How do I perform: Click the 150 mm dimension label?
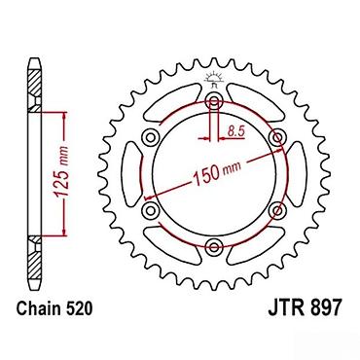tap(217, 173)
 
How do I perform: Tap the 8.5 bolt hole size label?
tap(235, 131)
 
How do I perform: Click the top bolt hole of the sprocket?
tap(214, 100)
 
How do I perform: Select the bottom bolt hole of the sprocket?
tap(214, 246)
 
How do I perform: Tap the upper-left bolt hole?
tap(151, 137)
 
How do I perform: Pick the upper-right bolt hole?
tap(277, 137)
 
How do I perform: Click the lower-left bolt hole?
tap(151, 211)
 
